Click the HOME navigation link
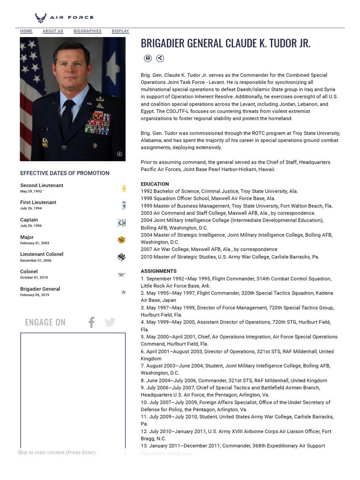pyautogui.click(x=26, y=31)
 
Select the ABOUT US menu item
pyautogui.click(x=53, y=31)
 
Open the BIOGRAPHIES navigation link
pyautogui.click(x=87, y=31)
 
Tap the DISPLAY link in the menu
pyautogui.click(x=120, y=31)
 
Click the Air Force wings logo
pyautogui.click(x=41, y=18)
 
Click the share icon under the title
pyautogui.click(x=160, y=58)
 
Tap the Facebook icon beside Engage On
pyautogui.click(x=91, y=322)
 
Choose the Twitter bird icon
pyautogui.click(x=110, y=322)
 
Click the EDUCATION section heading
pyautogui.click(x=155, y=184)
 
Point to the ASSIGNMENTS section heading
pyautogui.click(x=158, y=271)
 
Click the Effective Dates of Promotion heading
pyautogui.click(x=65, y=173)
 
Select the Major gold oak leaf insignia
pyautogui.click(x=121, y=240)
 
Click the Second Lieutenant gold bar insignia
pyautogui.click(x=124, y=188)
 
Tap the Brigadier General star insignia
pyautogui.click(x=123, y=292)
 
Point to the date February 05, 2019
pyautogui.click(x=34, y=295)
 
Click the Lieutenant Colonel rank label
pyautogui.click(x=42, y=255)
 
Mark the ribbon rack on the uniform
pyautogui.click(x=97, y=123)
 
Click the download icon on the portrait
pyautogui.click(x=119, y=154)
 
